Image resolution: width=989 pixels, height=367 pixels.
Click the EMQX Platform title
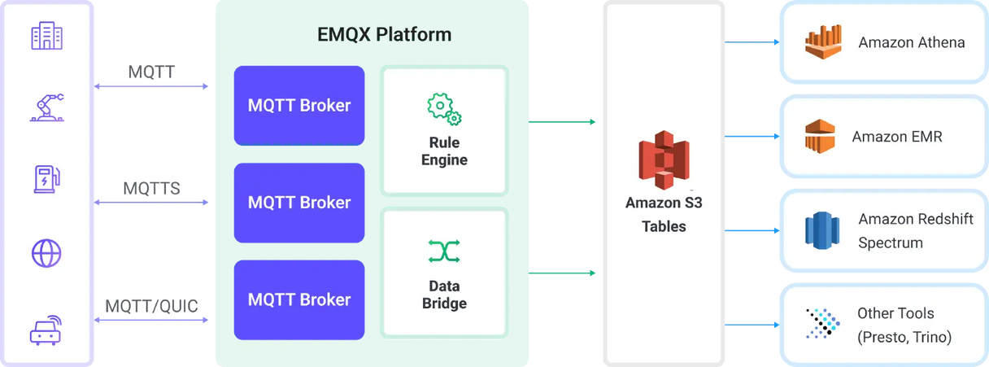pos(384,34)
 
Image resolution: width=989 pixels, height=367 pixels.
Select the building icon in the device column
pos(47,35)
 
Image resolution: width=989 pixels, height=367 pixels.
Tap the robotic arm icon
pos(47,107)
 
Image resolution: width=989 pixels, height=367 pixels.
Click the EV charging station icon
pos(47,179)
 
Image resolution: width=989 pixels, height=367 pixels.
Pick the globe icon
pos(46,253)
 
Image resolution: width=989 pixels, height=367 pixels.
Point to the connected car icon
pos(46,330)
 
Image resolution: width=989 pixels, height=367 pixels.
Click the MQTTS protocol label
pos(151,189)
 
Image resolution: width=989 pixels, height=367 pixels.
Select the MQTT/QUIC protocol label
pos(151,306)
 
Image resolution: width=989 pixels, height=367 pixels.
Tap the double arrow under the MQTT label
pos(151,86)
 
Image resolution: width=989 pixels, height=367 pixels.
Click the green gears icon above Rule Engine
pos(444,109)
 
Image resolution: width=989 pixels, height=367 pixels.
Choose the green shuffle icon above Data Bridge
pos(444,251)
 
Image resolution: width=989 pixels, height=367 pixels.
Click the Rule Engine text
pos(444,151)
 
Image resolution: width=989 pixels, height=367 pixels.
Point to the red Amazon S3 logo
pos(664,159)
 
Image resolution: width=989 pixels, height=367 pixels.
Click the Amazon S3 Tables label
pos(664,215)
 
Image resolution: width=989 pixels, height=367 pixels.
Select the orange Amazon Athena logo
pos(823,42)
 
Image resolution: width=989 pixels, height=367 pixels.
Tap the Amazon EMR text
pos(897,137)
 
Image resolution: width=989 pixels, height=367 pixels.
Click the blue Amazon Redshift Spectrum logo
pos(822,230)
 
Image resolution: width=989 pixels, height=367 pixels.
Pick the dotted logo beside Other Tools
pos(822,324)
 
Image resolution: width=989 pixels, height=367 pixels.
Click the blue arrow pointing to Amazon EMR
pos(752,137)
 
